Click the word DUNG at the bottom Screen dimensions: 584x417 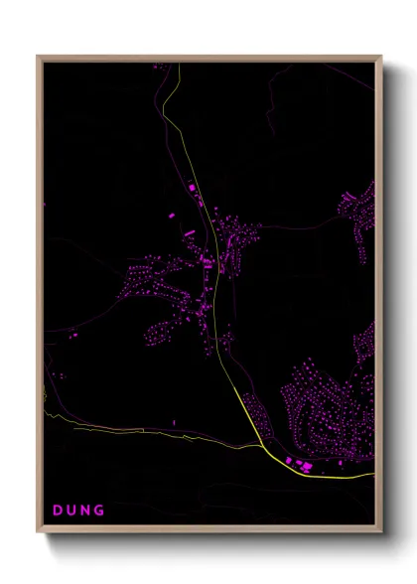78,511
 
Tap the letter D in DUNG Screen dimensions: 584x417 58,511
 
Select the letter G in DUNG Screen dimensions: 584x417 99,511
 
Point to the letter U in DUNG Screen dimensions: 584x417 71,511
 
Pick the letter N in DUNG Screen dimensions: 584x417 85,511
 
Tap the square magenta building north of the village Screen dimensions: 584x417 192,188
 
